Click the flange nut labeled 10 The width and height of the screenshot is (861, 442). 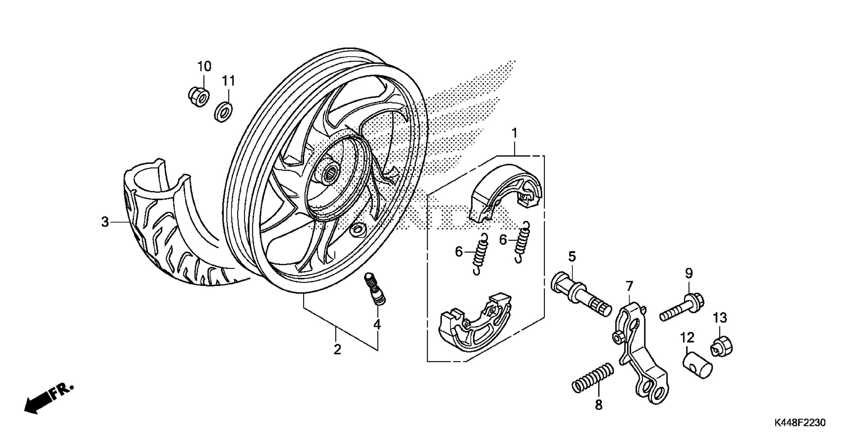point(198,97)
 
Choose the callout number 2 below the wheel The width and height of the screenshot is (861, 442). point(337,349)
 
